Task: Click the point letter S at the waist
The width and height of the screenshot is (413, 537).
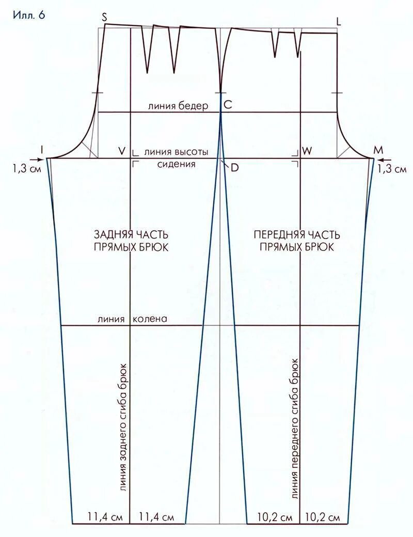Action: coord(104,17)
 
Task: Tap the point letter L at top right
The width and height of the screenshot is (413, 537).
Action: coord(339,21)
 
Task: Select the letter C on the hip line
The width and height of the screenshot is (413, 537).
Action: coord(228,105)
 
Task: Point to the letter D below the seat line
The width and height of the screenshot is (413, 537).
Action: coord(235,168)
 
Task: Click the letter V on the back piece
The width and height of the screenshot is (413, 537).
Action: coord(122,151)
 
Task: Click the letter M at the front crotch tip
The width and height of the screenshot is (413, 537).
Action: coord(378,150)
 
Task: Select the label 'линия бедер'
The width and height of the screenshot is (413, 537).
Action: coord(178,106)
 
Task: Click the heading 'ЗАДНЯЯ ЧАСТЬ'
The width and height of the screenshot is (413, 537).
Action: coord(131,234)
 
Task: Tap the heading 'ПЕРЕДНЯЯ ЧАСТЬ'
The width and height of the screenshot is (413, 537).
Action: coord(296,234)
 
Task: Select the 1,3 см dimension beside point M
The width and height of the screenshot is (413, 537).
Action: coord(392,169)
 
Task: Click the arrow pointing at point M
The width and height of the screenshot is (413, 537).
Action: coord(392,160)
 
